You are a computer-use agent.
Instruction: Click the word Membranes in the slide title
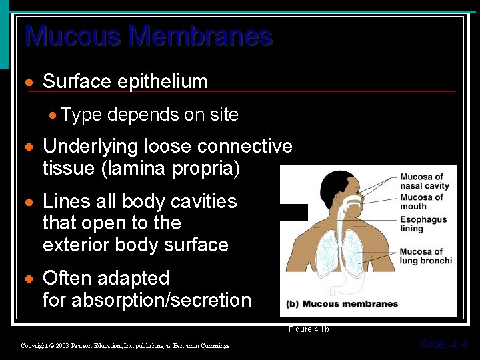[201, 35]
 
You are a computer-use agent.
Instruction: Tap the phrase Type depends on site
[149, 115]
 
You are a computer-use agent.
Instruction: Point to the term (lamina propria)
[170, 168]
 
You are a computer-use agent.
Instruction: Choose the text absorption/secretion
[161, 300]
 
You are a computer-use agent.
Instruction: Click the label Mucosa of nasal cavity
[425, 181]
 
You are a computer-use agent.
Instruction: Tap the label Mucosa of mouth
[421, 201]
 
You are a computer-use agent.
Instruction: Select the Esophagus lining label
[422, 223]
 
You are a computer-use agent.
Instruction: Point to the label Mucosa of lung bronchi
[425, 256]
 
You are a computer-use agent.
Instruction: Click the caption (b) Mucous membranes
[342, 304]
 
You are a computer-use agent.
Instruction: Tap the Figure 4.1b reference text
[309, 329]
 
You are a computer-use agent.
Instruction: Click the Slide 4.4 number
[443, 344]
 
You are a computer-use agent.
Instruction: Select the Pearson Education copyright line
[125, 345]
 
